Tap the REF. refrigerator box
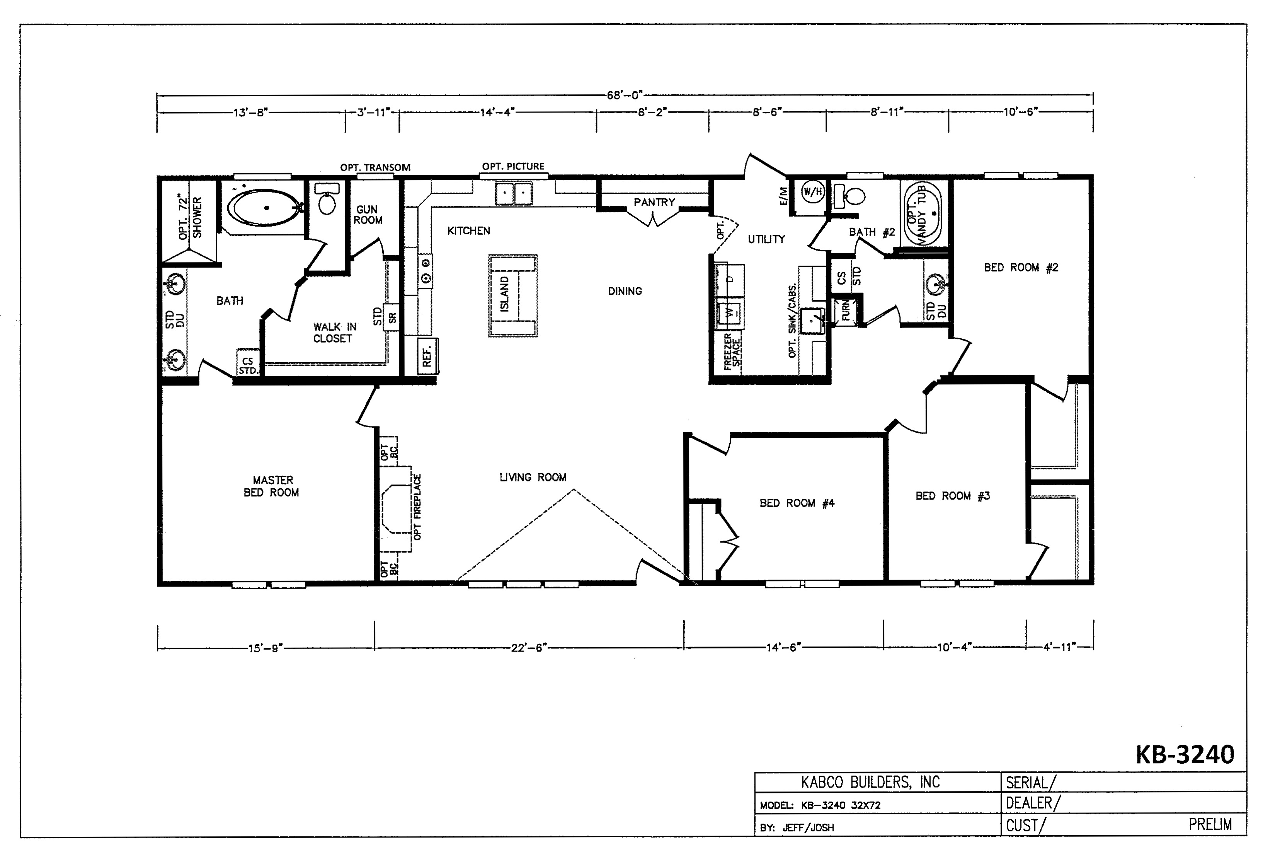(x=427, y=356)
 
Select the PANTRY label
(x=654, y=202)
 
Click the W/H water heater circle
(x=812, y=191)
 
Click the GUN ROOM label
(x=368, y=215)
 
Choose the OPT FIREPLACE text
(x=417, y=507)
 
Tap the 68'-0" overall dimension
(x=625, y=96)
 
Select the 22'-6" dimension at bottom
(x=528, y=648)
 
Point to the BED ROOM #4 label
(x=797, y=503)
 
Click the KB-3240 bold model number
(x=1185, y=755)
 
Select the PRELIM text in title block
(x=1210, y=825)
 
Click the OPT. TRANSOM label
(x=375, y=167)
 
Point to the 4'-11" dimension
(x=1059, y=648)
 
